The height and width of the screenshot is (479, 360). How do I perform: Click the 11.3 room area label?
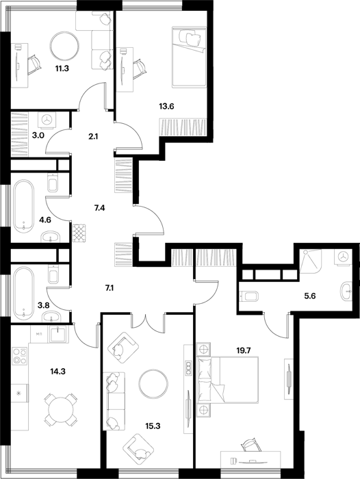click(62, 68)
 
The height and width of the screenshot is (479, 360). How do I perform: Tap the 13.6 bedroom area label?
click(166, 107)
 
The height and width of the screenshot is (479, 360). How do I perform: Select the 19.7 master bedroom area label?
click(244, 350)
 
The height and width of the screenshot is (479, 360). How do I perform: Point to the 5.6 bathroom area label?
click(309, 296)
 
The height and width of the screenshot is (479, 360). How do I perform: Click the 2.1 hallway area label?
click(93, 137)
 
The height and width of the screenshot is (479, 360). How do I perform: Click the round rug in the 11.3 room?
click(64, 47)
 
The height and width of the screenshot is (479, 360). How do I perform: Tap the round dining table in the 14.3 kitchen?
click(61, 410)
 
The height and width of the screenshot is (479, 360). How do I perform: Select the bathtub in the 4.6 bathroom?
click(24, 207)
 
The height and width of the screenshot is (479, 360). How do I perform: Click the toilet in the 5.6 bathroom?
click(250, 296)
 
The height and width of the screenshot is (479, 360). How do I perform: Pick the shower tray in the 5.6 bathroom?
click(311, 261)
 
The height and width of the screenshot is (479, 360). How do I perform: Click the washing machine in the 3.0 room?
click(47, 120)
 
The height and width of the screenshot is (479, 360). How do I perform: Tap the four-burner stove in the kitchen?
click(20, 357)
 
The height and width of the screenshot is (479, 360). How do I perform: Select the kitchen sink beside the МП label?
click(58, 334)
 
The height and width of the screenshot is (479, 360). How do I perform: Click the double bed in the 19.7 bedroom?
click(228, 379)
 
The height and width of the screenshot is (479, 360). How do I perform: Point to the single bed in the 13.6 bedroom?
click(189, 57)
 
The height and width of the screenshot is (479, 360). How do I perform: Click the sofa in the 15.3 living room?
click(114, 402)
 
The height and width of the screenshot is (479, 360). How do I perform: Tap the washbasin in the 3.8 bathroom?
click(51, 317)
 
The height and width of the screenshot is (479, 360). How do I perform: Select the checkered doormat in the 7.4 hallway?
click(79, 233)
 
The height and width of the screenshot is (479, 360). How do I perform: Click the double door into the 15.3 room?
click(148, 320)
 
